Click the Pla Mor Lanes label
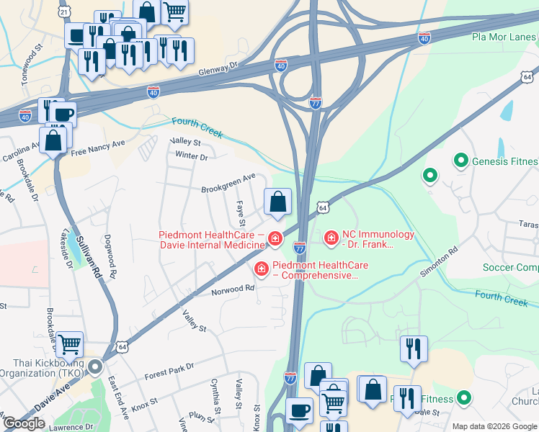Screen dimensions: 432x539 [x=504, y=37]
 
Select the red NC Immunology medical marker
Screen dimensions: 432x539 [x=331, y=237]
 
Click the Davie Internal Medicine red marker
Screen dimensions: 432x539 [x=274, y=238]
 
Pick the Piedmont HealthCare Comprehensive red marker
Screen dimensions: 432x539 [x=261, y=269]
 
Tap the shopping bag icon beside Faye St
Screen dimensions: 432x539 [x=278, y=203]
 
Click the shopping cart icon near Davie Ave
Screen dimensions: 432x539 [x=69, y=346]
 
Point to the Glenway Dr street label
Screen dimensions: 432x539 [x=220, y=67]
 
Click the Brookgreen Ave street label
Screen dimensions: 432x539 [x=228, y=176]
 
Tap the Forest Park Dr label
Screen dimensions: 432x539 [x=169, y=371]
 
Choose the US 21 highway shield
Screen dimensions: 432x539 [x=64, y=12]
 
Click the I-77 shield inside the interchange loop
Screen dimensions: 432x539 [x=315, y=103]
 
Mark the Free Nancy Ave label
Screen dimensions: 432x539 [x=97, y=147]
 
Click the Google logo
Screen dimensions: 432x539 [x=24, y=423]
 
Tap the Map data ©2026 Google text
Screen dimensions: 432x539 [x=494, y=426]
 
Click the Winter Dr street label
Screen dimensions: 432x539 [x=191, y=156]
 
